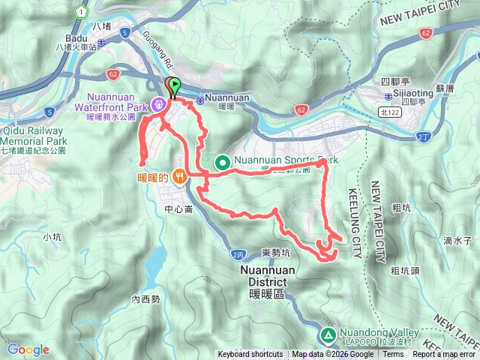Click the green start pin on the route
tap(175, 85)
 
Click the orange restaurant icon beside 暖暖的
tap(179, 177)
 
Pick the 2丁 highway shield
tap(424, 136)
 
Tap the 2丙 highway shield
tap(238, 255)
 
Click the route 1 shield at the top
tap(80, 12)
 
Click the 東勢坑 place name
tap(276, 252)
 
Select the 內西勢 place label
tap(146, 299)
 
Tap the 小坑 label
tap(52, 237)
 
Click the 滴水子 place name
tap(456, 241)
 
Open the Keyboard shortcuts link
tap(250, 355)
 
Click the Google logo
tap(28, 349)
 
